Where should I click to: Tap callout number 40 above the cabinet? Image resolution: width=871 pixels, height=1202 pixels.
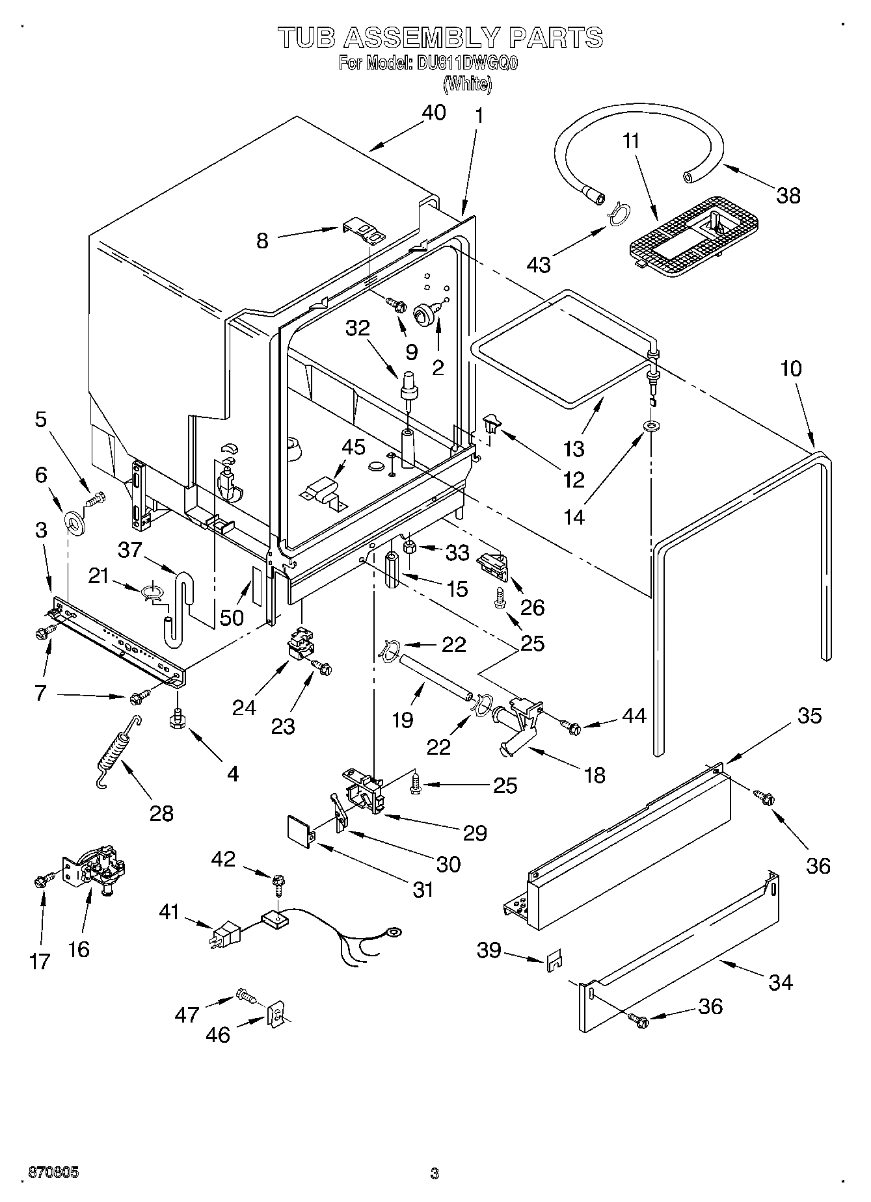click(434, 112)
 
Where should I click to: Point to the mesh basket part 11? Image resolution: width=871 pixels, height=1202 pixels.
click(695, 233)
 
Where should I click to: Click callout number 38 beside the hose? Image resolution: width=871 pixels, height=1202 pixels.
click(788, 194)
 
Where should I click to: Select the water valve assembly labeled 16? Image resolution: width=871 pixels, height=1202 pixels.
click(96, 870)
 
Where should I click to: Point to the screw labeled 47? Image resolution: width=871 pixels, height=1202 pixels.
click(245, 995)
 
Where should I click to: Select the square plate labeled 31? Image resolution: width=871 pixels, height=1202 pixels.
click(299, 833)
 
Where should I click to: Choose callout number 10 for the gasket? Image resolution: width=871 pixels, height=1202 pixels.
click(790, 369)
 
